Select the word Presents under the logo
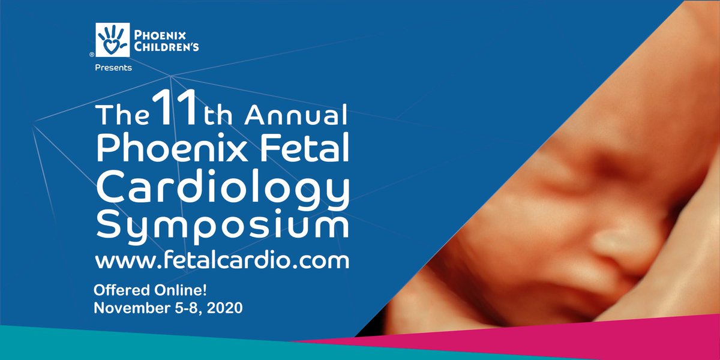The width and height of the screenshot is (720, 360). click(x=113, y=68)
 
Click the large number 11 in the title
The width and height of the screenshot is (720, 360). click(x=175, y=110)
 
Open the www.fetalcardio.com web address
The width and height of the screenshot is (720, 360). click(x=222, y=261)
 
